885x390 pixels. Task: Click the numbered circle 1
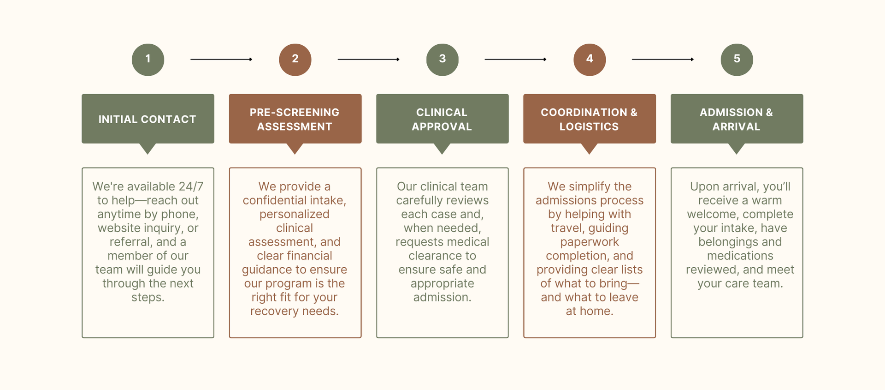[x=148, y=60]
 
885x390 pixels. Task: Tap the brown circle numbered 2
[x=295, y=60]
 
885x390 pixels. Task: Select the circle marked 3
[x=442, y=60]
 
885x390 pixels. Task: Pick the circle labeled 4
[x=590, y=60]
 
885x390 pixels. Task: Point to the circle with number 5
[x=737, y=60]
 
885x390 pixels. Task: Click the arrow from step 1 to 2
[x=221, y=60]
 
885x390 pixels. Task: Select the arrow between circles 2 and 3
[x=368, y=60]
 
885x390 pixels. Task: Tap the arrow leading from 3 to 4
[x=515, y=60]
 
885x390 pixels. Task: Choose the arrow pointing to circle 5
[x=662, y=60]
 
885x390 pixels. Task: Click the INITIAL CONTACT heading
[x=147, y=119]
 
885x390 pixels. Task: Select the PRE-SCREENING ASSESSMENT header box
[x=295, y=119]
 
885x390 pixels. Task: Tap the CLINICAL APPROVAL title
[x=442, y=119]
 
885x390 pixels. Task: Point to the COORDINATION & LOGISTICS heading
[x=589, y=119]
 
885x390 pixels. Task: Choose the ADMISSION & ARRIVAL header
[x=737, y=119]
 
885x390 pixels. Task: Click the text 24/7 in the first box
[x=191, y=186]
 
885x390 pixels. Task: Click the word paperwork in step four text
[x=590, y=242]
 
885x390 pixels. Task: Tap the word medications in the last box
[x=740, y=256]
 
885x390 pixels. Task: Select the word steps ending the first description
[x=147, y=297]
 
